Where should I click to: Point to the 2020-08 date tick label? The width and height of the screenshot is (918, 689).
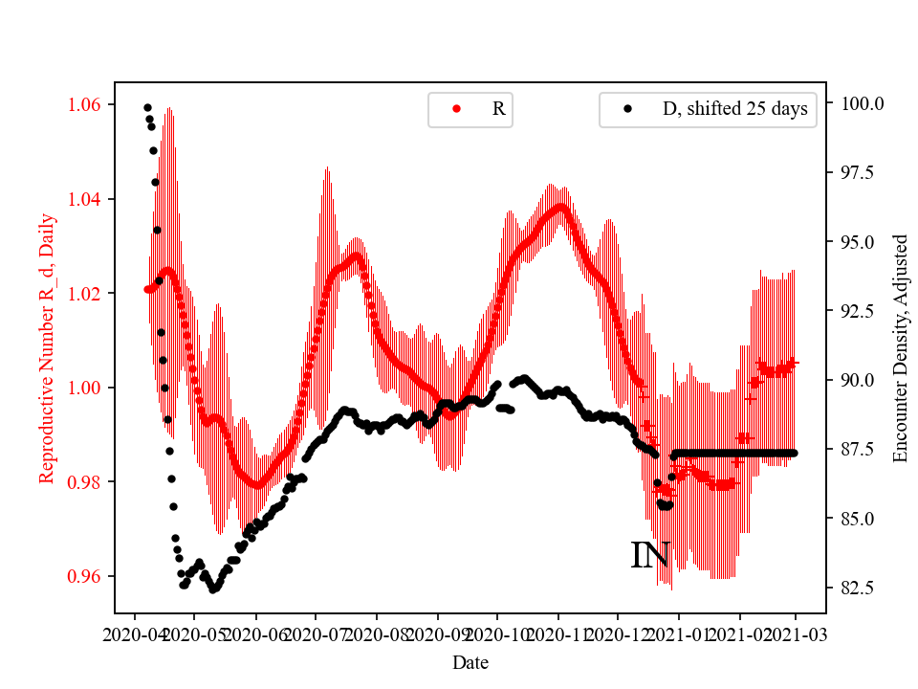pos(377,633)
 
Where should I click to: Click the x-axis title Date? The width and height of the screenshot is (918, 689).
pos(470,662)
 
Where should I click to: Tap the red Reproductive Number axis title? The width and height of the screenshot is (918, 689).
pos(47,348)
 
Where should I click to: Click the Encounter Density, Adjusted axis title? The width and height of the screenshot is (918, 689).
pos(899,348)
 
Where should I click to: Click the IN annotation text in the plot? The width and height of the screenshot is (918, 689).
pos(649,556)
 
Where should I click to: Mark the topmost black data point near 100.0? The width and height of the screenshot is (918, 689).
pos(147,107)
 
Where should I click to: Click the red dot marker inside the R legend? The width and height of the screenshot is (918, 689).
pos(457,109)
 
